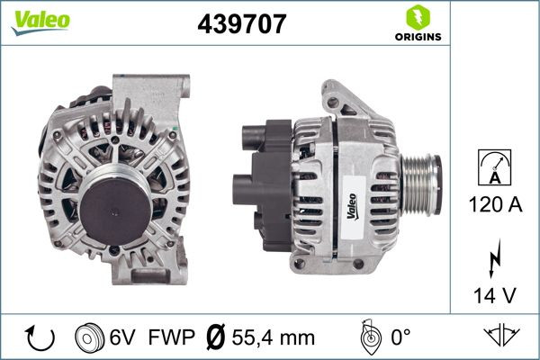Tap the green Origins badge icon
point(417,16)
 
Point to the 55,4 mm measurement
point(272,337)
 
